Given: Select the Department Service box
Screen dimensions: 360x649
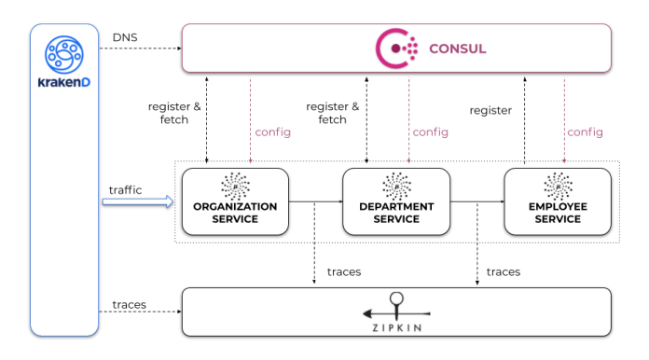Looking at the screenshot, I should (396, 201).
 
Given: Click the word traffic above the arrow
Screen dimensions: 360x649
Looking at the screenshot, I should (125, 189).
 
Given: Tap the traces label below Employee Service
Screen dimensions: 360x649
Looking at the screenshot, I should (503, 271).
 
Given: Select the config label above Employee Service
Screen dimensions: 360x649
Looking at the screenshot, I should (585, 132).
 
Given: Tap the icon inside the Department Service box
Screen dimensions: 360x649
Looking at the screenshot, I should (396, 183).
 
